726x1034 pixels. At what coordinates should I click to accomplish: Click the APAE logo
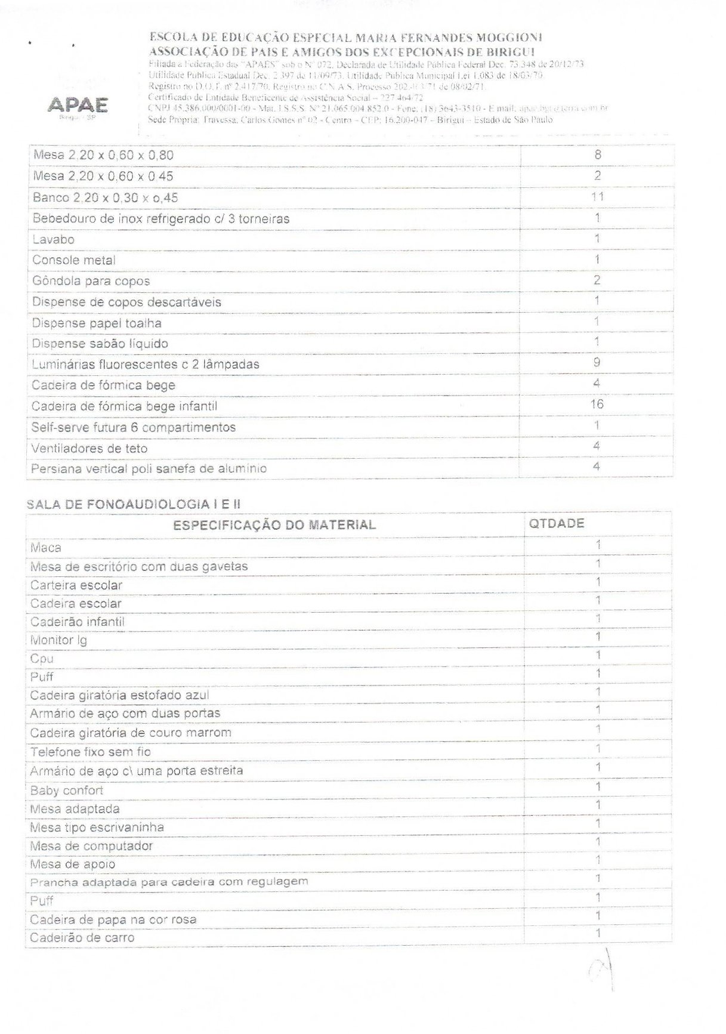pos(78,106)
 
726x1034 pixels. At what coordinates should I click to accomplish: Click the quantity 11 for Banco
pos(597,197)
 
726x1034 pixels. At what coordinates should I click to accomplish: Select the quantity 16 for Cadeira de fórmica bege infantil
pos(597,405)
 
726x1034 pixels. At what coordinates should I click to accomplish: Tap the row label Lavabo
pos(54,240)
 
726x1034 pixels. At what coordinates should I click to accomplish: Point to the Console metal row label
pos(74,261)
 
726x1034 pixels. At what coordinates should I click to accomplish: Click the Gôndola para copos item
pos(91,282)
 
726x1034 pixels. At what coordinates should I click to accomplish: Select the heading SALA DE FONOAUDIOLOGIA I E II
pos(134,505)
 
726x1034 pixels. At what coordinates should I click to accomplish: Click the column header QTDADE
pos(557,524)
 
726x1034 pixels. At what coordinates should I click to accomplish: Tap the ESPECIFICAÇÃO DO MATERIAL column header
pos(274,526)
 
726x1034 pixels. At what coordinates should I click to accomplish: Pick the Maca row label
pos(46,548)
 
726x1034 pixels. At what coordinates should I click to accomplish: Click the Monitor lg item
pos(58,640)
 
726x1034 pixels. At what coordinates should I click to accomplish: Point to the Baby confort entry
pos(67,791)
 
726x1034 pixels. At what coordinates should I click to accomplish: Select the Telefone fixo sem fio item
pos(91,752)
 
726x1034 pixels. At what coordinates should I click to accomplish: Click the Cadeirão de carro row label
pos(82,938)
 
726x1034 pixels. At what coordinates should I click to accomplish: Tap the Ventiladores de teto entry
pos(89,449)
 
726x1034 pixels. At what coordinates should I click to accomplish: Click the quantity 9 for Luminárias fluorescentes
pos(597,363)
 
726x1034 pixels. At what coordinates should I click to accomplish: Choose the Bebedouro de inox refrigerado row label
pos(161,219)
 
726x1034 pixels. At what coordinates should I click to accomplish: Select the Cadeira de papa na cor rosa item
pos(113,919)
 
